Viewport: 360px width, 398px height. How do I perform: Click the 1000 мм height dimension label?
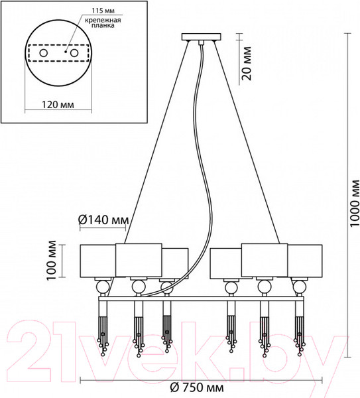[354, 203]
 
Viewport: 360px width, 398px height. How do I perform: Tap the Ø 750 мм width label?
[197, 388]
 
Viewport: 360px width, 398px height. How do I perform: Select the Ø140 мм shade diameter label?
[103, 220]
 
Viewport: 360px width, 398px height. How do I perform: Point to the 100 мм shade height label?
[52, 260]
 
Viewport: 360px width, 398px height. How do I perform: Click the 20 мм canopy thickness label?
[247, 64]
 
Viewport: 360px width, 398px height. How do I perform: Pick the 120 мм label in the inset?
[58, 104]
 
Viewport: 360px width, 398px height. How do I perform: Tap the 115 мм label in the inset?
[103, 11]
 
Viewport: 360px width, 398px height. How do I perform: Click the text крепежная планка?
[103, 23]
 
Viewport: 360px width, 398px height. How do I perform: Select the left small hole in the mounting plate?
[43, 53]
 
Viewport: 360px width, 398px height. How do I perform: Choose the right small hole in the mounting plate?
[74, 53]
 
